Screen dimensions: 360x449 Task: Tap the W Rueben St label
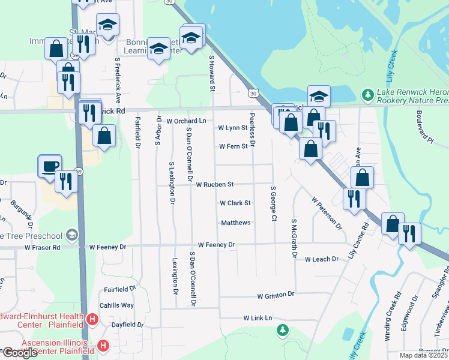(214, 184)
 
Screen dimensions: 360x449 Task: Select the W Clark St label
(235, 203)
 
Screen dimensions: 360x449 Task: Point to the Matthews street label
(235, 223)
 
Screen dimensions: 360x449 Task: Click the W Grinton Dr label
(276, 295)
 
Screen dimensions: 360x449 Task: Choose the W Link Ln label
(258, 317)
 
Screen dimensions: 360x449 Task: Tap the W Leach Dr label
(323, 260)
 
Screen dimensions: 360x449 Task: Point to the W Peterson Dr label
(326, 212)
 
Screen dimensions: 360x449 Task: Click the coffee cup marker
(49, 165)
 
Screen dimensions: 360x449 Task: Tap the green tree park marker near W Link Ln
(282, 330)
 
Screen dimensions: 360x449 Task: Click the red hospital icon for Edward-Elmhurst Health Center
(92, 319)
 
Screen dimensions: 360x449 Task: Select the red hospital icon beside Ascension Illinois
(103, 346)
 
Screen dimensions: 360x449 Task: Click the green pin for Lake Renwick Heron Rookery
(367, 95)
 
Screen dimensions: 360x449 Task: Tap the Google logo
(20, 353)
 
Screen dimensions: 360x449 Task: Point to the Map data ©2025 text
(424, 355)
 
